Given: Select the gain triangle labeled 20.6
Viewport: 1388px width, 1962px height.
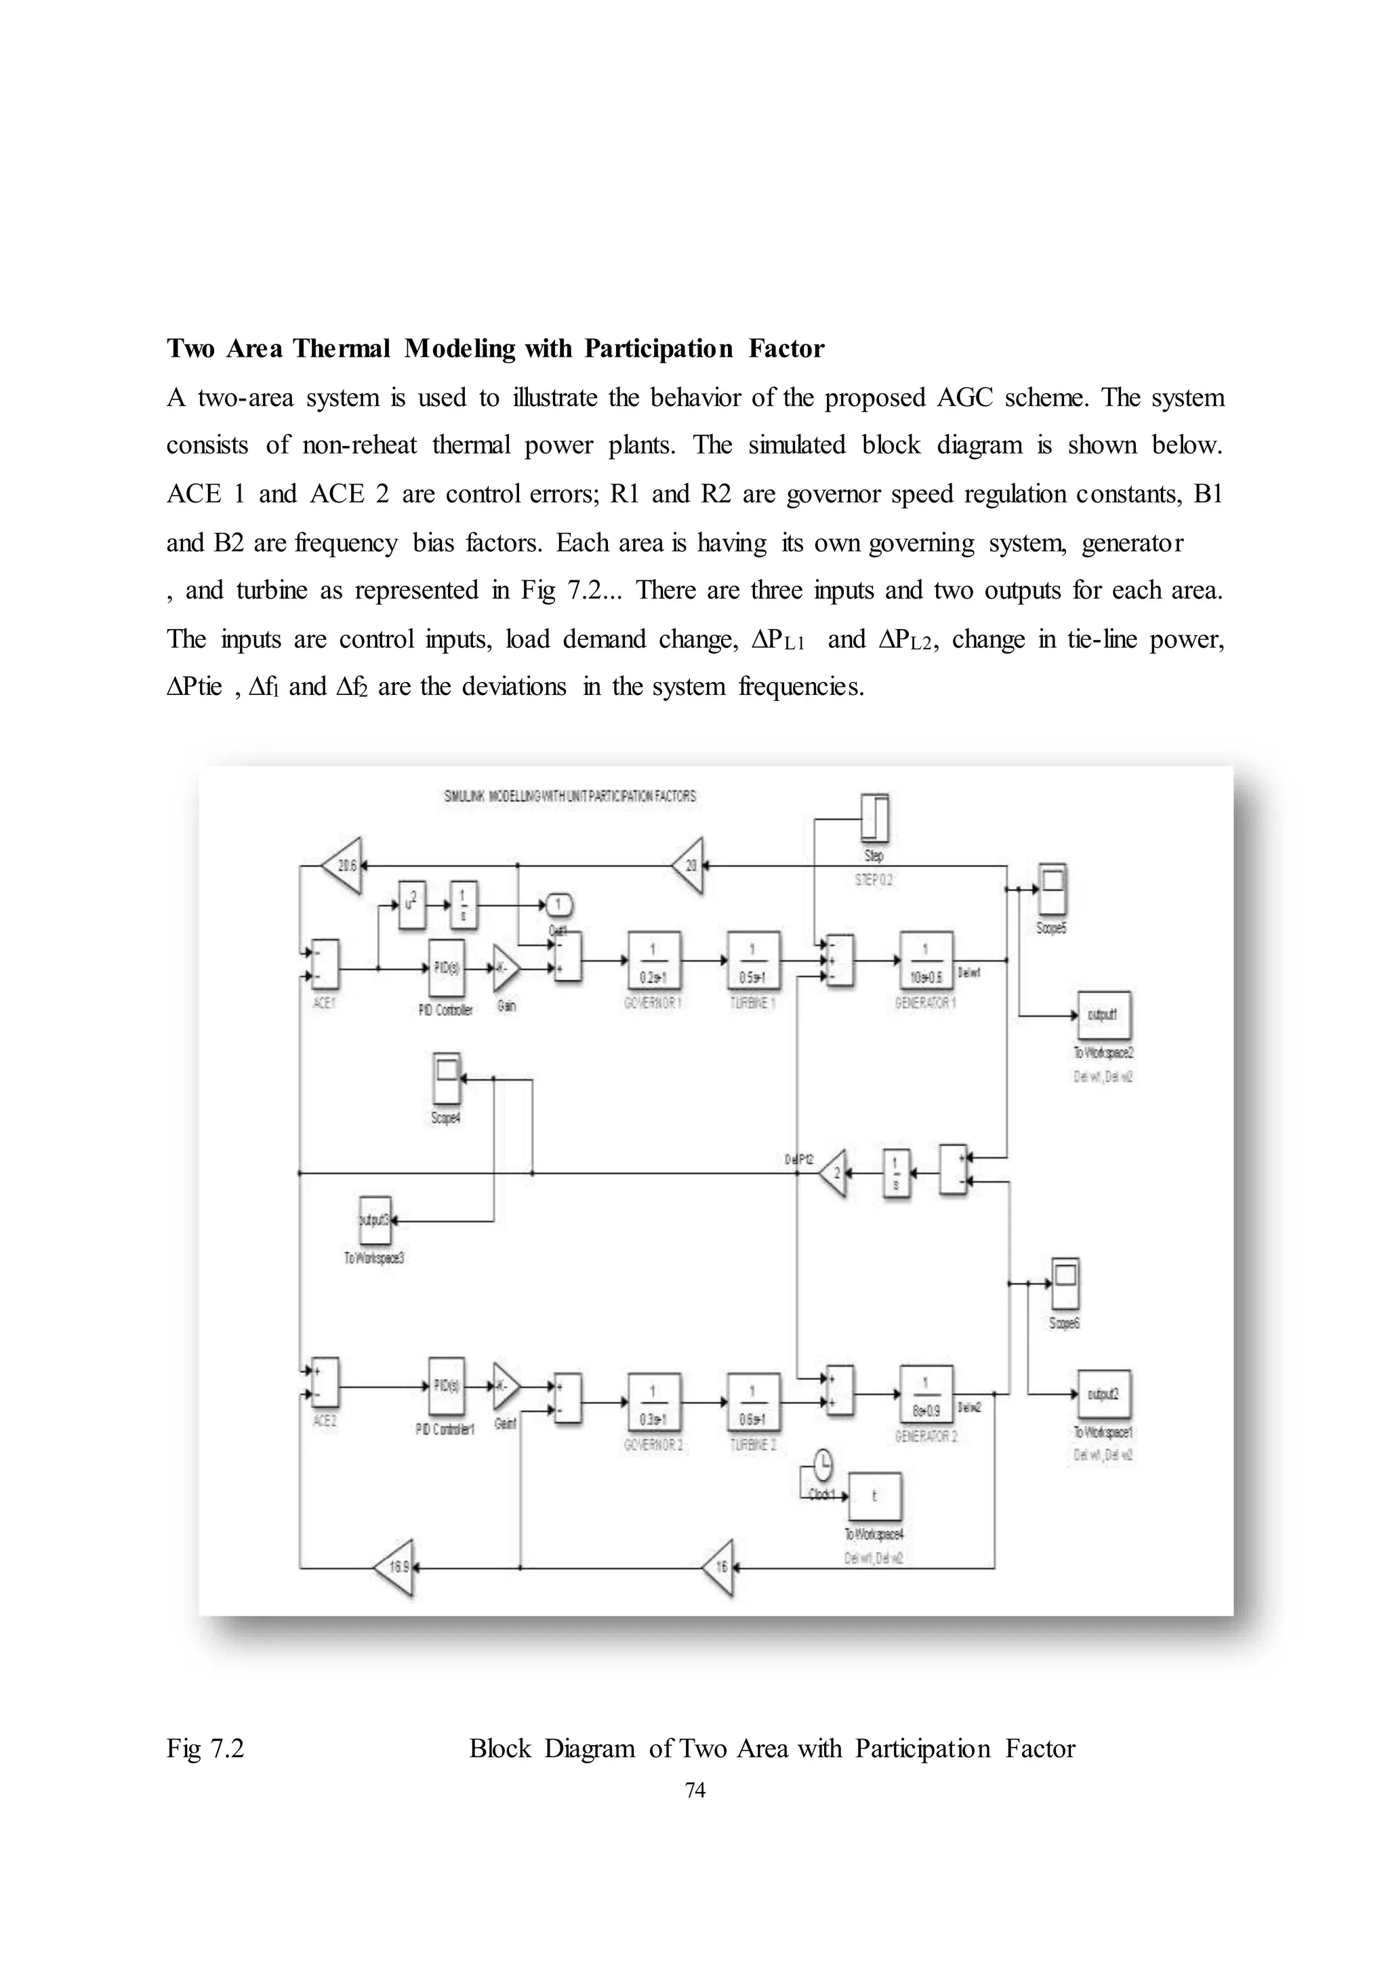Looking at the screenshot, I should (x=343, y=865).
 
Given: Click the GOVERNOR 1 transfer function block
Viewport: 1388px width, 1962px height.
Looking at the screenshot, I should (x=654, y=961).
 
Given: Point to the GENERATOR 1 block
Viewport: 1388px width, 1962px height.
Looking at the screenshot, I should (x=926, y=961).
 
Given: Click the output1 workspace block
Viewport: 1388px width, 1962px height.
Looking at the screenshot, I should (x=1103, y=1016).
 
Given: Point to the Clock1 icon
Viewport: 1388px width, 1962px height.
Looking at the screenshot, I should (x=822, y=1466).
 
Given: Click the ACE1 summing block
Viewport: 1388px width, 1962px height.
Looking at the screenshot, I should (x=325, y=964).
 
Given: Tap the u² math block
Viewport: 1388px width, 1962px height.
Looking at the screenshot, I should (x=412, y=904).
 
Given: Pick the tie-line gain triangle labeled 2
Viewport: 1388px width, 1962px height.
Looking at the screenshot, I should (x=834, y=1174).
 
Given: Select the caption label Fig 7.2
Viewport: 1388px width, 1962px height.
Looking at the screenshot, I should (x=205, y=1748).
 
